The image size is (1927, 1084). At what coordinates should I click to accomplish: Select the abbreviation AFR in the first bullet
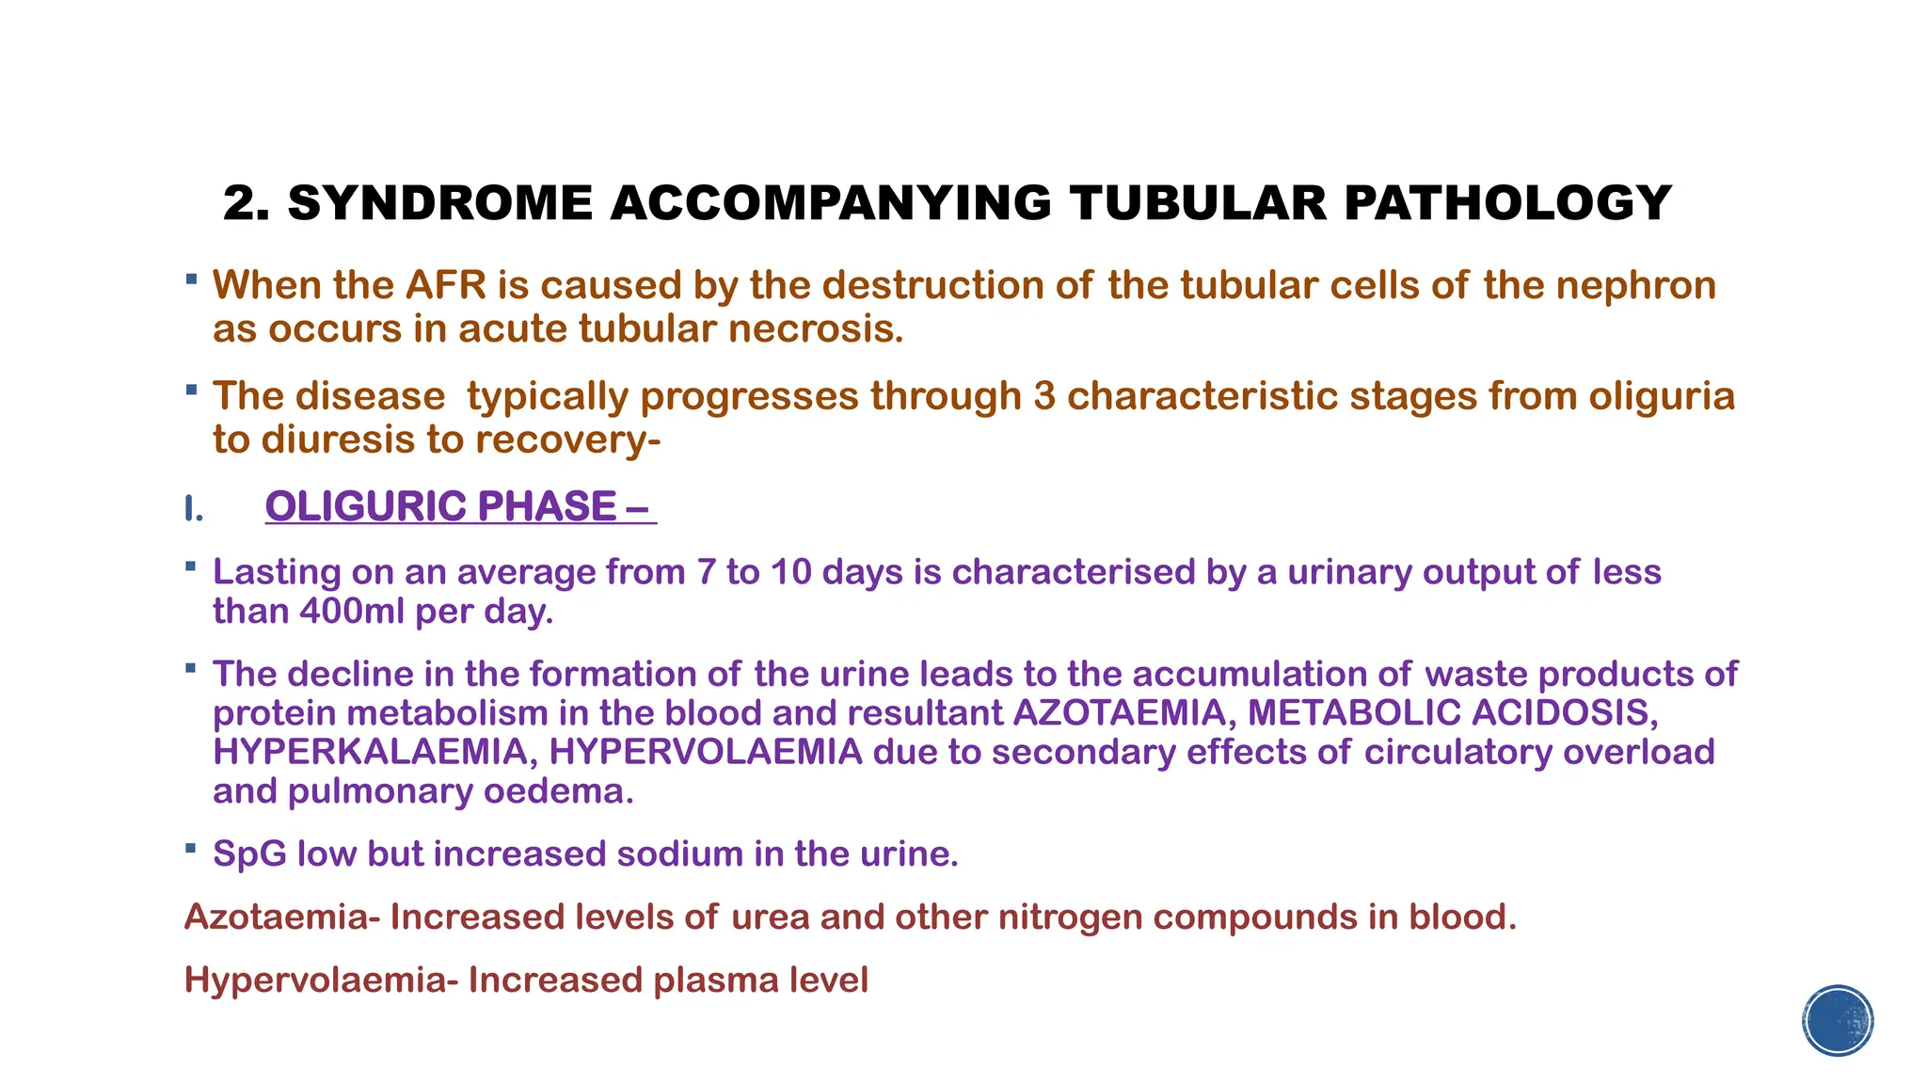coord(446,285)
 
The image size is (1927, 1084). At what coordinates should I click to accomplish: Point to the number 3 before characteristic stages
coord(1043,396)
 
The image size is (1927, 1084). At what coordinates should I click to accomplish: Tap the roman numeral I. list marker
coord(193,509)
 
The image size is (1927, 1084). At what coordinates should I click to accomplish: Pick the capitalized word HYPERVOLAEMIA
coord(706,752)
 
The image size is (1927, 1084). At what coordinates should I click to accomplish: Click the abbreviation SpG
coord(249,854)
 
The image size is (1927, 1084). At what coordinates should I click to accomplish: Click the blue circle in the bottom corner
coord(1838,1021)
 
